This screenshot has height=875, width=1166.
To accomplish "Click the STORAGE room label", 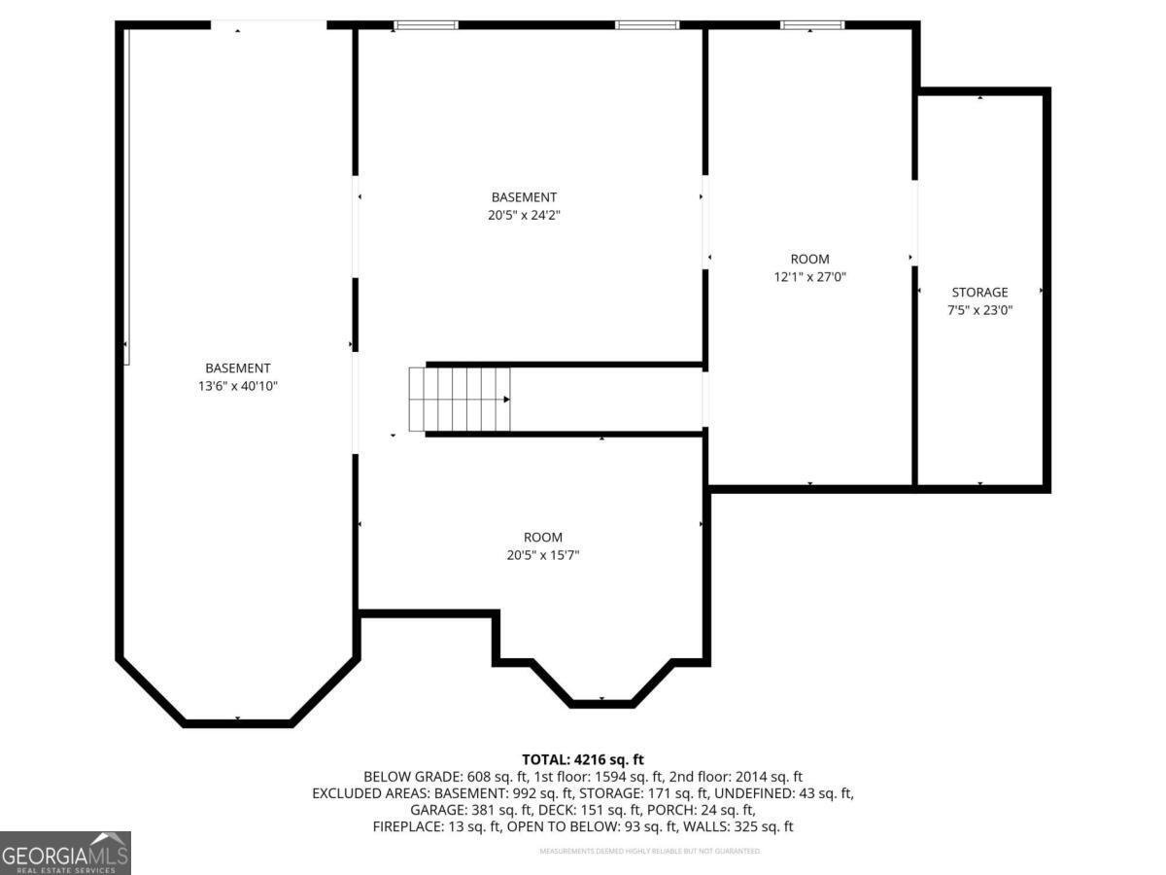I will click(979, 292).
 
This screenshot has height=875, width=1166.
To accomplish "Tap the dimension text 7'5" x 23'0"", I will click(979, 311).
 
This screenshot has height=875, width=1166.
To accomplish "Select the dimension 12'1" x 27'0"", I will click(809, 277).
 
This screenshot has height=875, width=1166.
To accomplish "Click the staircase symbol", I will click(460, 399).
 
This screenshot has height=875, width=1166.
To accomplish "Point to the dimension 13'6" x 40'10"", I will click(238, 386).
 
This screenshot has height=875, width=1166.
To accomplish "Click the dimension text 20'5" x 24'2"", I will click(524, 216).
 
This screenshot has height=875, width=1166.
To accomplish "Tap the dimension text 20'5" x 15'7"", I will click(542, 555).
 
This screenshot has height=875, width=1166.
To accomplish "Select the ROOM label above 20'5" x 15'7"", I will click(542, 537).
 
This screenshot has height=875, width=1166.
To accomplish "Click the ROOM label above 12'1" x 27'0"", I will click(809, 259).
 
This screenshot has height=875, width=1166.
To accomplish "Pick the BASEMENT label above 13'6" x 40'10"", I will click(238, 367).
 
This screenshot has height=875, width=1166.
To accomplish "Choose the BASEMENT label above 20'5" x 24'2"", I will click(524, 197).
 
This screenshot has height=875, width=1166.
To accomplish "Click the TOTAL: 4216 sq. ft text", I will click(583, 759).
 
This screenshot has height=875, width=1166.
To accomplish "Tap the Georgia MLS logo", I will click(65, 853).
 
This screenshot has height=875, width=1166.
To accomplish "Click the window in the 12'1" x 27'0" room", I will click(812, 24).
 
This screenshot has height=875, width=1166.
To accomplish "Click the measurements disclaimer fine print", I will click(650, 851).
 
